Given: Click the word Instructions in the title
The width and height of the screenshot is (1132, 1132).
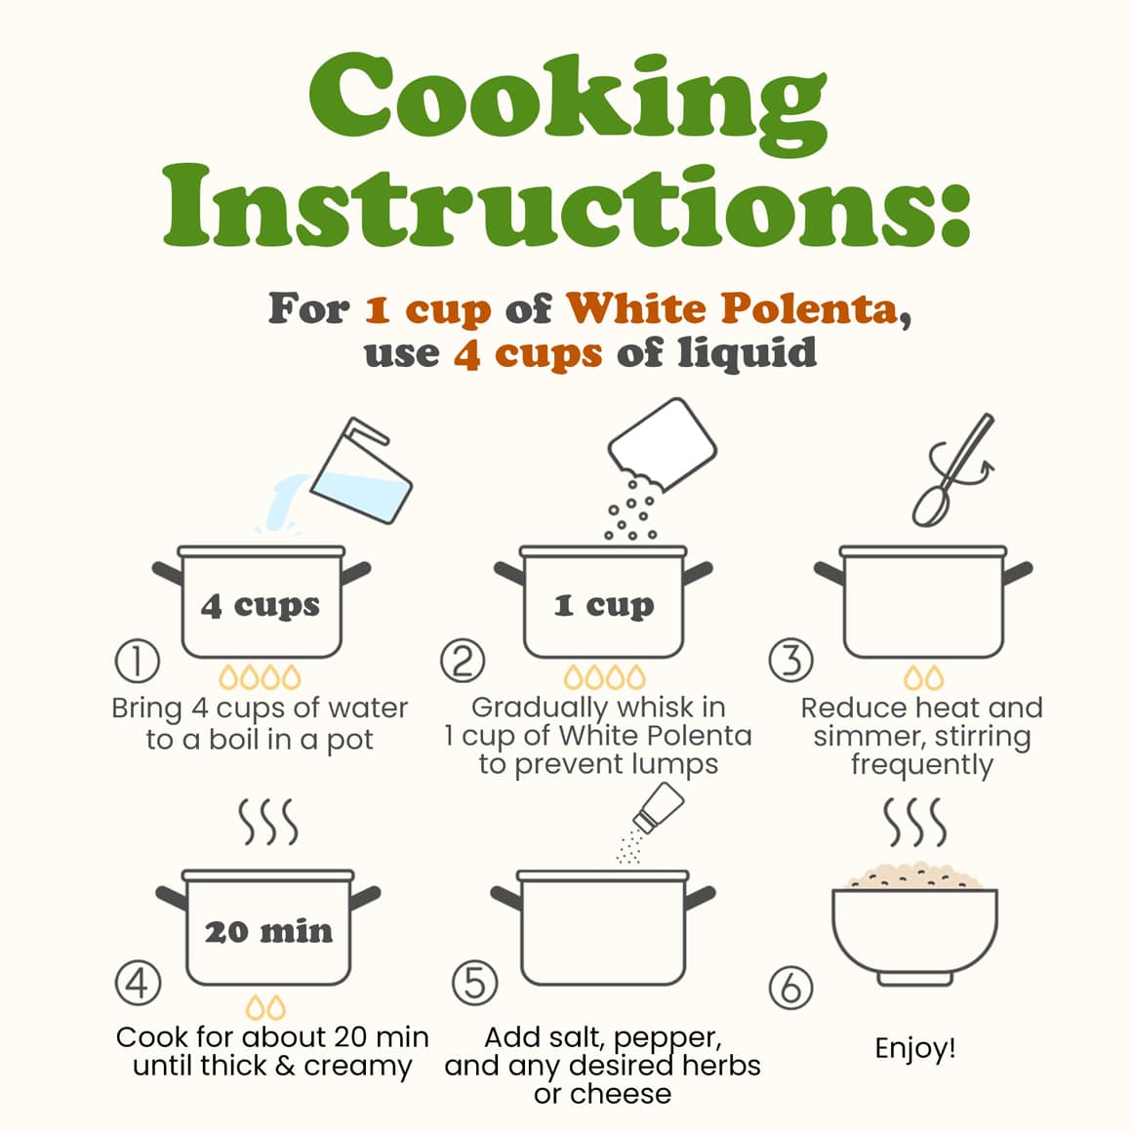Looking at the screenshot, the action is [x=566, y=205].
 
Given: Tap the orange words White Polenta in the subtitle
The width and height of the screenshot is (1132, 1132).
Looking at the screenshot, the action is [x=732, y=309].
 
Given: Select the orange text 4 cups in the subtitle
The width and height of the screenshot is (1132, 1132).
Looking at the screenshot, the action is [x=528, y=353].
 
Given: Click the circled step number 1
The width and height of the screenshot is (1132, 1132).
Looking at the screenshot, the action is [x=138, y=661].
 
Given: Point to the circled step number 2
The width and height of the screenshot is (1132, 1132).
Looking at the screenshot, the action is [x=463, y=661].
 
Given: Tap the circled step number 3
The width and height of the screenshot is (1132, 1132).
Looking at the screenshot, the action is [x=790, y=661].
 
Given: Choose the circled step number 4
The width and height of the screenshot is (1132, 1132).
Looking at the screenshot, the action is [x=138, y=983].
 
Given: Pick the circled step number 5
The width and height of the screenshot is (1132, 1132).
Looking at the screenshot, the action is [x=474, y=983].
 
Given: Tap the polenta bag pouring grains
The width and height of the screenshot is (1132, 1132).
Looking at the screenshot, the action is [x=661, y=444].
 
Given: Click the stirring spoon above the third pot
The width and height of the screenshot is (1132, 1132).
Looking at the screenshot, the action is [x=953, y=469].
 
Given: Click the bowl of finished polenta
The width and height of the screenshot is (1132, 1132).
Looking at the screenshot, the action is [x=914, y=924].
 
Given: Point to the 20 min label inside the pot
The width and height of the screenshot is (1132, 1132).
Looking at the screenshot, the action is [x=268, y=932].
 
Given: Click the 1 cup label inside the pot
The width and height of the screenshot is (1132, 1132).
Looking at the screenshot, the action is [x=604, y=606].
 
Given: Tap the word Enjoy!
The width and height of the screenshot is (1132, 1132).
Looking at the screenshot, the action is [x=914, y=1048].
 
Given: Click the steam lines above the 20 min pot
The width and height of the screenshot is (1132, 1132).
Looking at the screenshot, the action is [x=268, y=822].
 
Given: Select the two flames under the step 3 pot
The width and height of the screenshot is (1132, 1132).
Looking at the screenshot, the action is [x=923, y=678].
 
